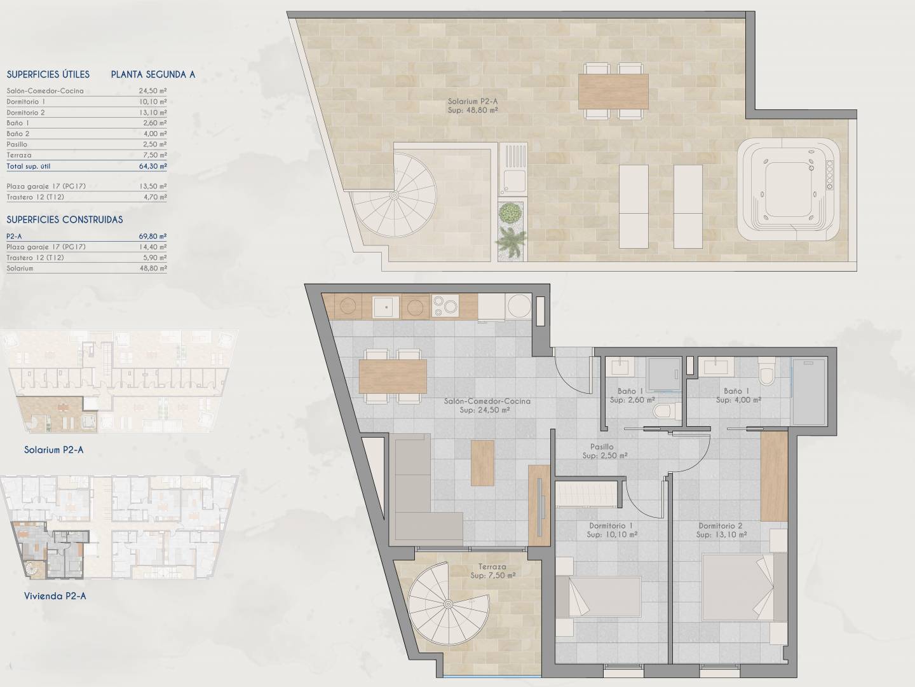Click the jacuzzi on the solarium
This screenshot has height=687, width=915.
pos(789,190)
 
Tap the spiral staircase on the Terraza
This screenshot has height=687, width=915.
pos(448,604)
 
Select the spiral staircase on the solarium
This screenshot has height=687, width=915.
pos(394,195)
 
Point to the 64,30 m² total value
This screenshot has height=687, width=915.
pos(153,166)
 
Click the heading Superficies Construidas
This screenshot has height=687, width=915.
pos(65,220)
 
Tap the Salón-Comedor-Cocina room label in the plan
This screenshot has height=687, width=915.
pos(487,401)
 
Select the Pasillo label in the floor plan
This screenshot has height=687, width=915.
pos(602,447)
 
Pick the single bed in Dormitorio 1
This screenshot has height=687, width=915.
pos(599,597)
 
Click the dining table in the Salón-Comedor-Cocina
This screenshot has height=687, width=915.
pos(393,376)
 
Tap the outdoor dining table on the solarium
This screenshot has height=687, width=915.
pos(613,92)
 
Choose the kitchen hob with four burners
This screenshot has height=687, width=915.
pos(445,306)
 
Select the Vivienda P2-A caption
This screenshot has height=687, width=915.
pos(55,596)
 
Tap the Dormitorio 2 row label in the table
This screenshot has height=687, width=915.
pos(26,113)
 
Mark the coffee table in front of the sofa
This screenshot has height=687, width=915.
pos(482,463)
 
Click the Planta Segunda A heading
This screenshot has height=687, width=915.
pos(153,74)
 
